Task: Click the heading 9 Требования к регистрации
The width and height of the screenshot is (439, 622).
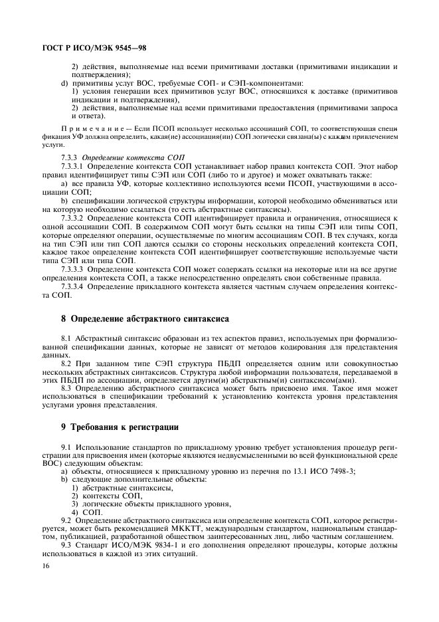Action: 116,425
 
